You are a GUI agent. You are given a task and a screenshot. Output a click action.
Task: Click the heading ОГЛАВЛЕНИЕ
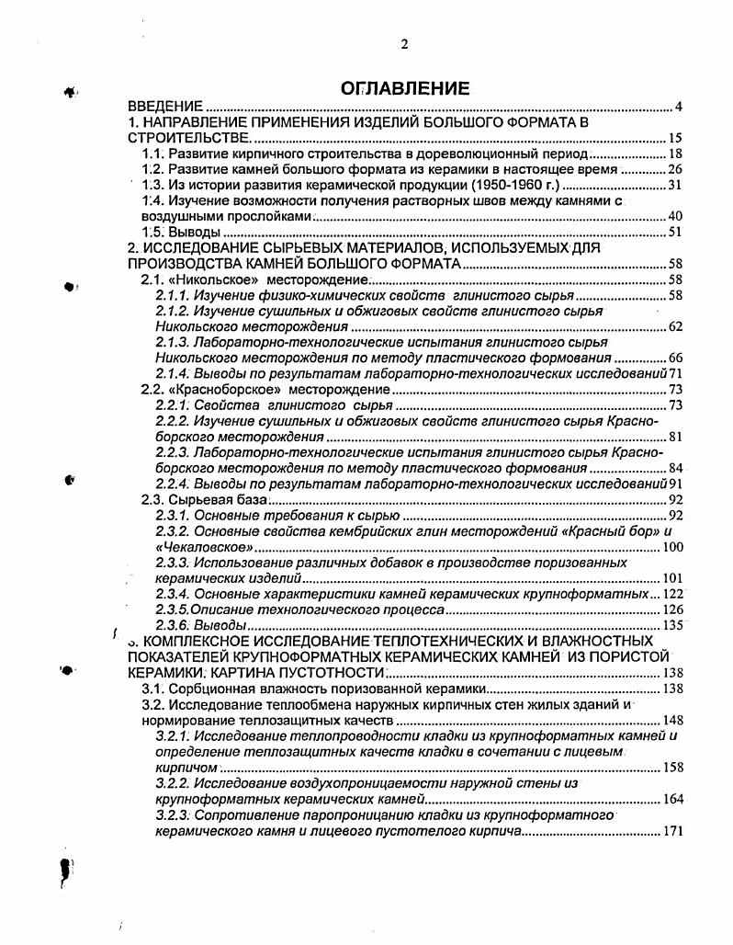(x=405, y=88)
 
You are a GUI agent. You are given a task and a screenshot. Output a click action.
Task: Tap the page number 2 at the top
(x=403, y=44)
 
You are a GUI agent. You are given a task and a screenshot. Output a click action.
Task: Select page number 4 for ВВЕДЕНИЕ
(x=678, y=107)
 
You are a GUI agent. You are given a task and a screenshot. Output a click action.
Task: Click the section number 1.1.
(x=152, y=154)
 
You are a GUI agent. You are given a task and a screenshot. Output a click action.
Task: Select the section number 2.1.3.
(x=173, y=342)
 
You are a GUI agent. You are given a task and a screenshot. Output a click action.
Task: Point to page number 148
(x=672, y=720)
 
